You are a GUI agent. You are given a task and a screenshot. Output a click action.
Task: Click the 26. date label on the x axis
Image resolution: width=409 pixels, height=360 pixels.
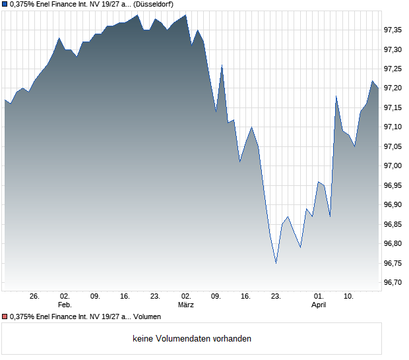[35, 296]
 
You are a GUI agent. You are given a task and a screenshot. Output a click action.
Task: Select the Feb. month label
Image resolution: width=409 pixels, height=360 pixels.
[65, 305]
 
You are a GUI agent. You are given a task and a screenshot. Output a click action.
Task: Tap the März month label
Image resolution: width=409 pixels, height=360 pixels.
[186, 305]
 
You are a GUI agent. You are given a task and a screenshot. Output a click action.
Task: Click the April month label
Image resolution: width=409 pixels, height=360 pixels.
[319, 305]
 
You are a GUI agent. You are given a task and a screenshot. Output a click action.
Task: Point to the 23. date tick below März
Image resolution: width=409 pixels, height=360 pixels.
[276, 296]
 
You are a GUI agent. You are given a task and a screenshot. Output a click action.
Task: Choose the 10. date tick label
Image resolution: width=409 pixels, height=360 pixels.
[349, 296]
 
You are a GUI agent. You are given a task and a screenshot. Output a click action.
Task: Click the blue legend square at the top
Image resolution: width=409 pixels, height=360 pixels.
[5, 5]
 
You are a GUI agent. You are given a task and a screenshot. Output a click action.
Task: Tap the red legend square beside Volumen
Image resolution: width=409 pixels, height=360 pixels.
[5, 317]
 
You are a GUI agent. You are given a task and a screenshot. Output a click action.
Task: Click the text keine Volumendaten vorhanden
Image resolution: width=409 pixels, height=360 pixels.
[192, 339]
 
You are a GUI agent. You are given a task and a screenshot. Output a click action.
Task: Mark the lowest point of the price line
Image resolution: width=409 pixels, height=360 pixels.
[276, 263]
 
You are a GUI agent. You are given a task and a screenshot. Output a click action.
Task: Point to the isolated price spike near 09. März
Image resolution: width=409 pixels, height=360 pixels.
[222, 65]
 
